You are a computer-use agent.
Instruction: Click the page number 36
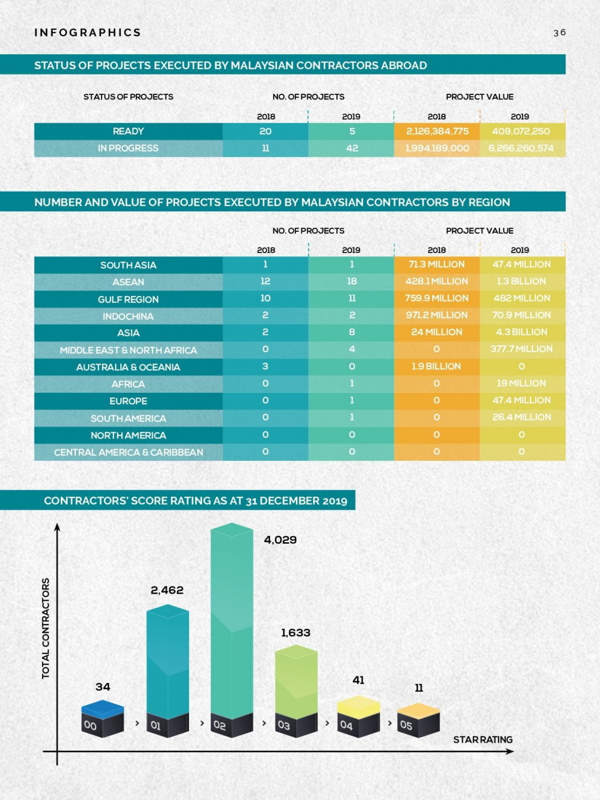pos(559,32)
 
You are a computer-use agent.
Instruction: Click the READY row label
pos(128,131)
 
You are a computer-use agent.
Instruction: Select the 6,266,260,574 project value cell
pos(521,148)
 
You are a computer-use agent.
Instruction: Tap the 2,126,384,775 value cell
pos(437,131)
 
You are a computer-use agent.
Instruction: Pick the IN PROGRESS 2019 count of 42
pos(352,148)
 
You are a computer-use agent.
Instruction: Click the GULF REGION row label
pos(128,299)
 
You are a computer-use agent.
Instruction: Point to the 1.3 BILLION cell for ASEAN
pos(521,281)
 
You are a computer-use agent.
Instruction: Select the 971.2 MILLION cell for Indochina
pos(436,315)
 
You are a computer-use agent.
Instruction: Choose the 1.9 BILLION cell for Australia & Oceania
pos(436,366)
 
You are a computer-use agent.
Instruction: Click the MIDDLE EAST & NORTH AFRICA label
pos(128,350)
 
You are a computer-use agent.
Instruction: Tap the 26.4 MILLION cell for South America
pos(521,417)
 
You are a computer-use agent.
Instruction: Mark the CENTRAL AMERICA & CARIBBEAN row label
pos(128,452)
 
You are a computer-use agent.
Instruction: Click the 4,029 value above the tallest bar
pos(280,540)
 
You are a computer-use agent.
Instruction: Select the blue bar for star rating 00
pos(103,709)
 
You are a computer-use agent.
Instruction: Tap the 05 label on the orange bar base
pos(406,725)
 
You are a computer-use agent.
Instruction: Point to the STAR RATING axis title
pos(482,740)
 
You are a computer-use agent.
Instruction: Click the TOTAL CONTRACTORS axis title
pos(46,628)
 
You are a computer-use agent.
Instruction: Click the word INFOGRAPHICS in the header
pos(87,32)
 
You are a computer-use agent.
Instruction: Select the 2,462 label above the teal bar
pos(167,590)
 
